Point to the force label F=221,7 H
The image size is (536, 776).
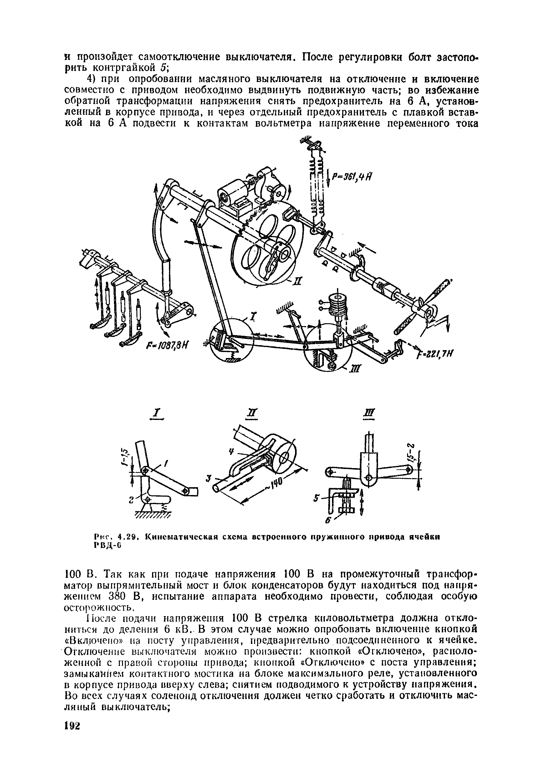point(435,354)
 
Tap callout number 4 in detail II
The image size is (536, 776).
point(232,452)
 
